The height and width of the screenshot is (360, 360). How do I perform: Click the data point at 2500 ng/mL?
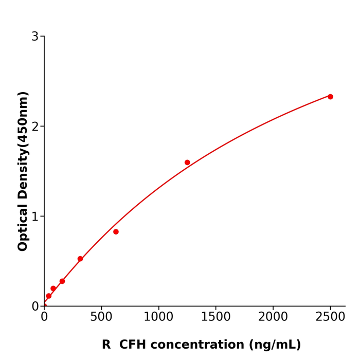tap(330, 97)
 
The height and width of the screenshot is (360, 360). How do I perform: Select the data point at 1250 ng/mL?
tap(187, 163)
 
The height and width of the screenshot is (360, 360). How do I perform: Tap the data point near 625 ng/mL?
tap(116, 232)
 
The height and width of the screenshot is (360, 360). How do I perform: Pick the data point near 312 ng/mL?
tap(80, 259)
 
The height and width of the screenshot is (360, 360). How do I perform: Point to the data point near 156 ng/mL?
tap(62, 281)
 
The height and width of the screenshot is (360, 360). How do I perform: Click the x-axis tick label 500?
tap(101, 317)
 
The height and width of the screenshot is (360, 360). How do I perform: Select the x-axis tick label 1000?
tap(158, 317)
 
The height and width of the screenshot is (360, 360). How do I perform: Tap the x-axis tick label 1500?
tap(215, 317)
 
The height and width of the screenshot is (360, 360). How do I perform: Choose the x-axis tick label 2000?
tap(273, 317)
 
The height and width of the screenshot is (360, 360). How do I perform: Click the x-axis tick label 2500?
tap(330, 317)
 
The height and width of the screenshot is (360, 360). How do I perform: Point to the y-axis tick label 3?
tap(35, 37)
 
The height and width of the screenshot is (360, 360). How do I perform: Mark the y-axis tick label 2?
tap(35, 127)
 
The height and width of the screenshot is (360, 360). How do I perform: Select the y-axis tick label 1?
tap(35, 217)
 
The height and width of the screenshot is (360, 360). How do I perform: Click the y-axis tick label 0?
tap(35, 306)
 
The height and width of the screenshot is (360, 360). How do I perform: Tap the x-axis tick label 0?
tap(44, 317)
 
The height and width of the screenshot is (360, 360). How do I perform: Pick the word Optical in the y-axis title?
tap(23, 227)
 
